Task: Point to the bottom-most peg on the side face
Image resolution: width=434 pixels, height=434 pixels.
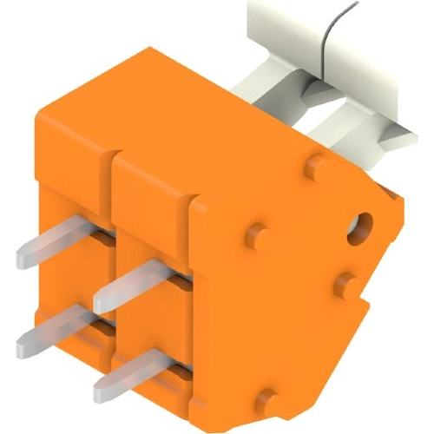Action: tap(269, 400)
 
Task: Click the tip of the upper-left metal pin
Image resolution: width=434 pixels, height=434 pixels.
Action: tap(24, 255)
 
